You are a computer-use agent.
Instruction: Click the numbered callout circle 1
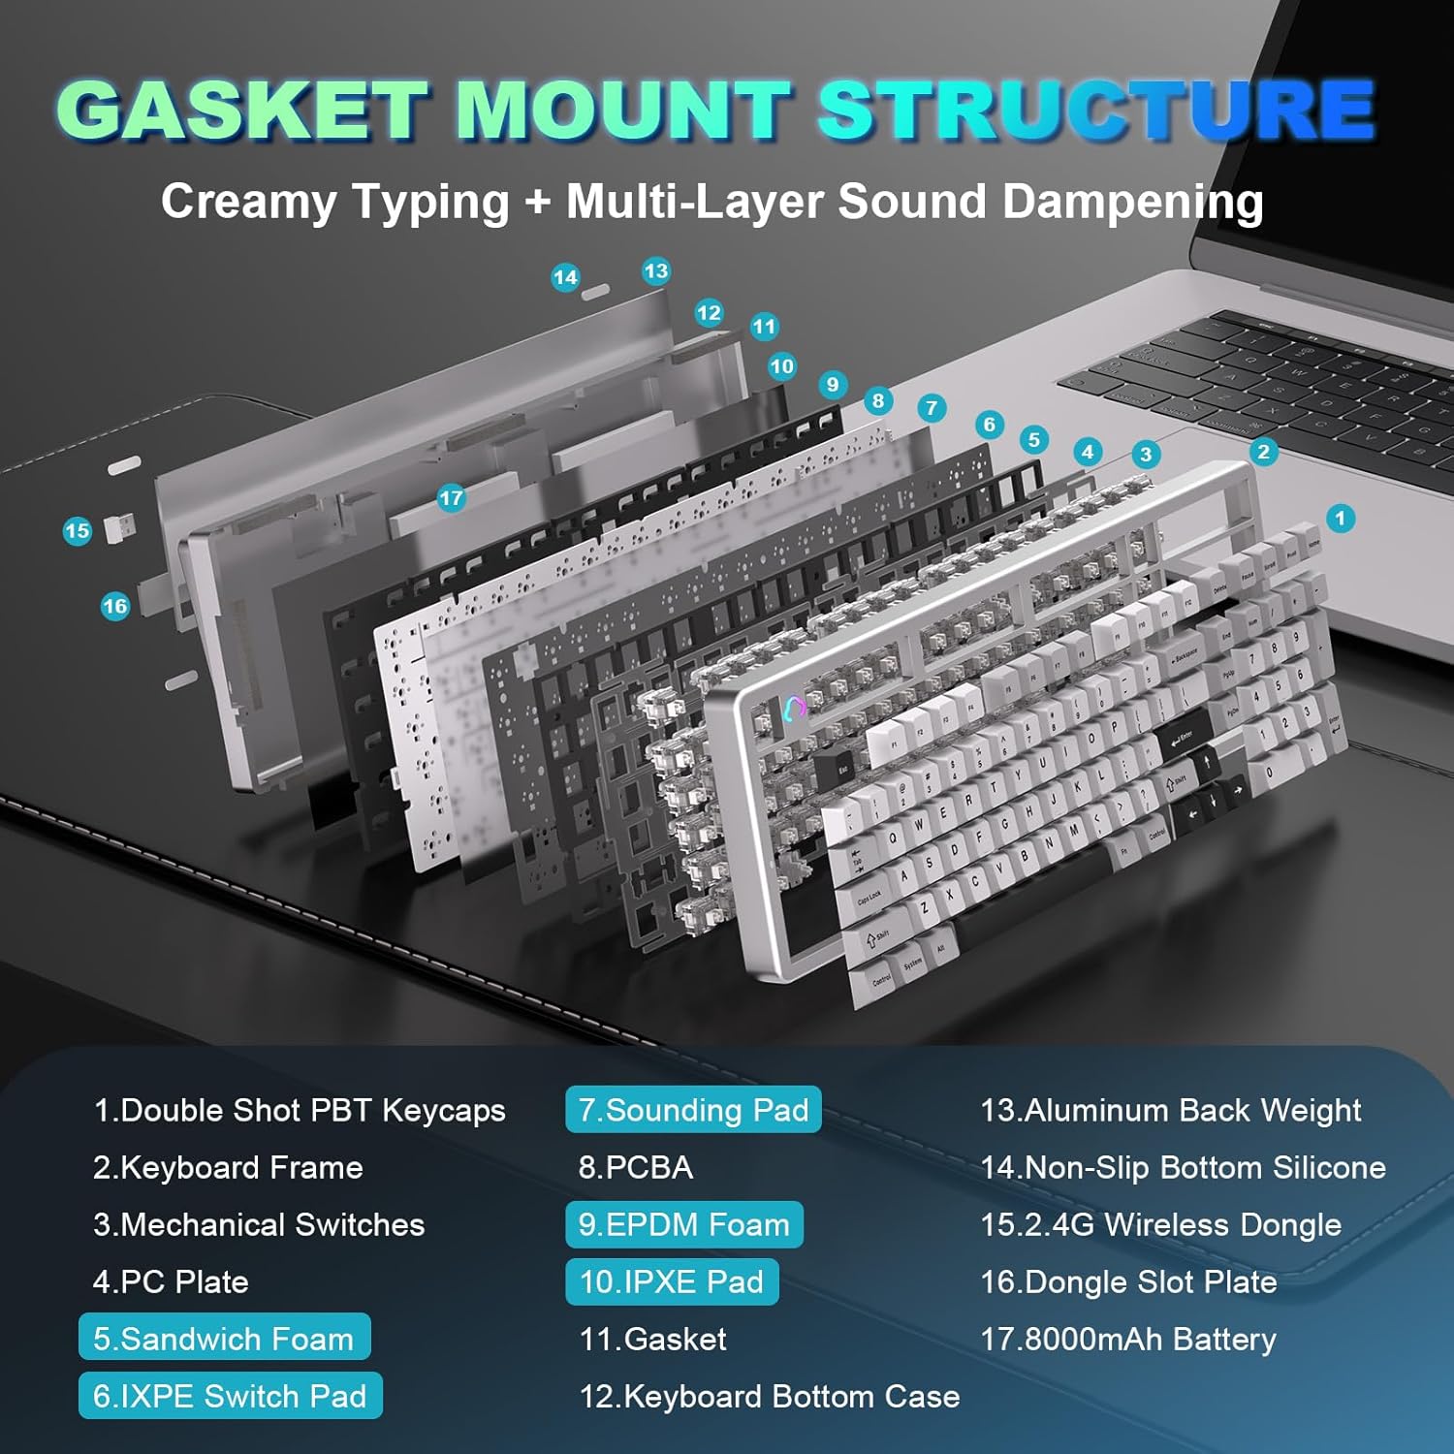click(x=1340, y=519)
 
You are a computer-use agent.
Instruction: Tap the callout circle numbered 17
click(x=451, y=498)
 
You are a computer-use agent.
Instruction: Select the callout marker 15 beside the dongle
click(x=77, y=531)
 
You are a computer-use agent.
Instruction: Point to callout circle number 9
click(x=832, y=385)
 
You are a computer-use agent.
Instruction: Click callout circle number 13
click(x=656, y=271)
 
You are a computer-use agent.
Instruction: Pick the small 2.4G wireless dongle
click(x=118, y=528)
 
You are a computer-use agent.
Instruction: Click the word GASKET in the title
click(x=242, y=109)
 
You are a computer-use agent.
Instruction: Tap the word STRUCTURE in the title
click(x=1095, y=109)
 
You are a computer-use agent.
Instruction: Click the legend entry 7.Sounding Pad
click(x=693, y=1110)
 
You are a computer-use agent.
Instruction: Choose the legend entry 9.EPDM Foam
click(x=683, y=1224)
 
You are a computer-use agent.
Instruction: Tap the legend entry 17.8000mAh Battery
click(x=1128, y=1339)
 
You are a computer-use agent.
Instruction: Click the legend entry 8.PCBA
click(x=636, y=1167)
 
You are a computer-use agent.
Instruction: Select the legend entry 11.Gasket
click(x=652, y=1339)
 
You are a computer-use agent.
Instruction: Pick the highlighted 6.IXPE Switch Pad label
click(x=230, y=1396)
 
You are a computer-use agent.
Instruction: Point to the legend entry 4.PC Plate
click(x=171, y=1281)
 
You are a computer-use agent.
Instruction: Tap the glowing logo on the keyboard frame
click(x=794, y=708)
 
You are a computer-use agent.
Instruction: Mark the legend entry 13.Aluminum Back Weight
click(x=1170, y=1110)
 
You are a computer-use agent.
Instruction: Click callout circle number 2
click(x=1262, y=452)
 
